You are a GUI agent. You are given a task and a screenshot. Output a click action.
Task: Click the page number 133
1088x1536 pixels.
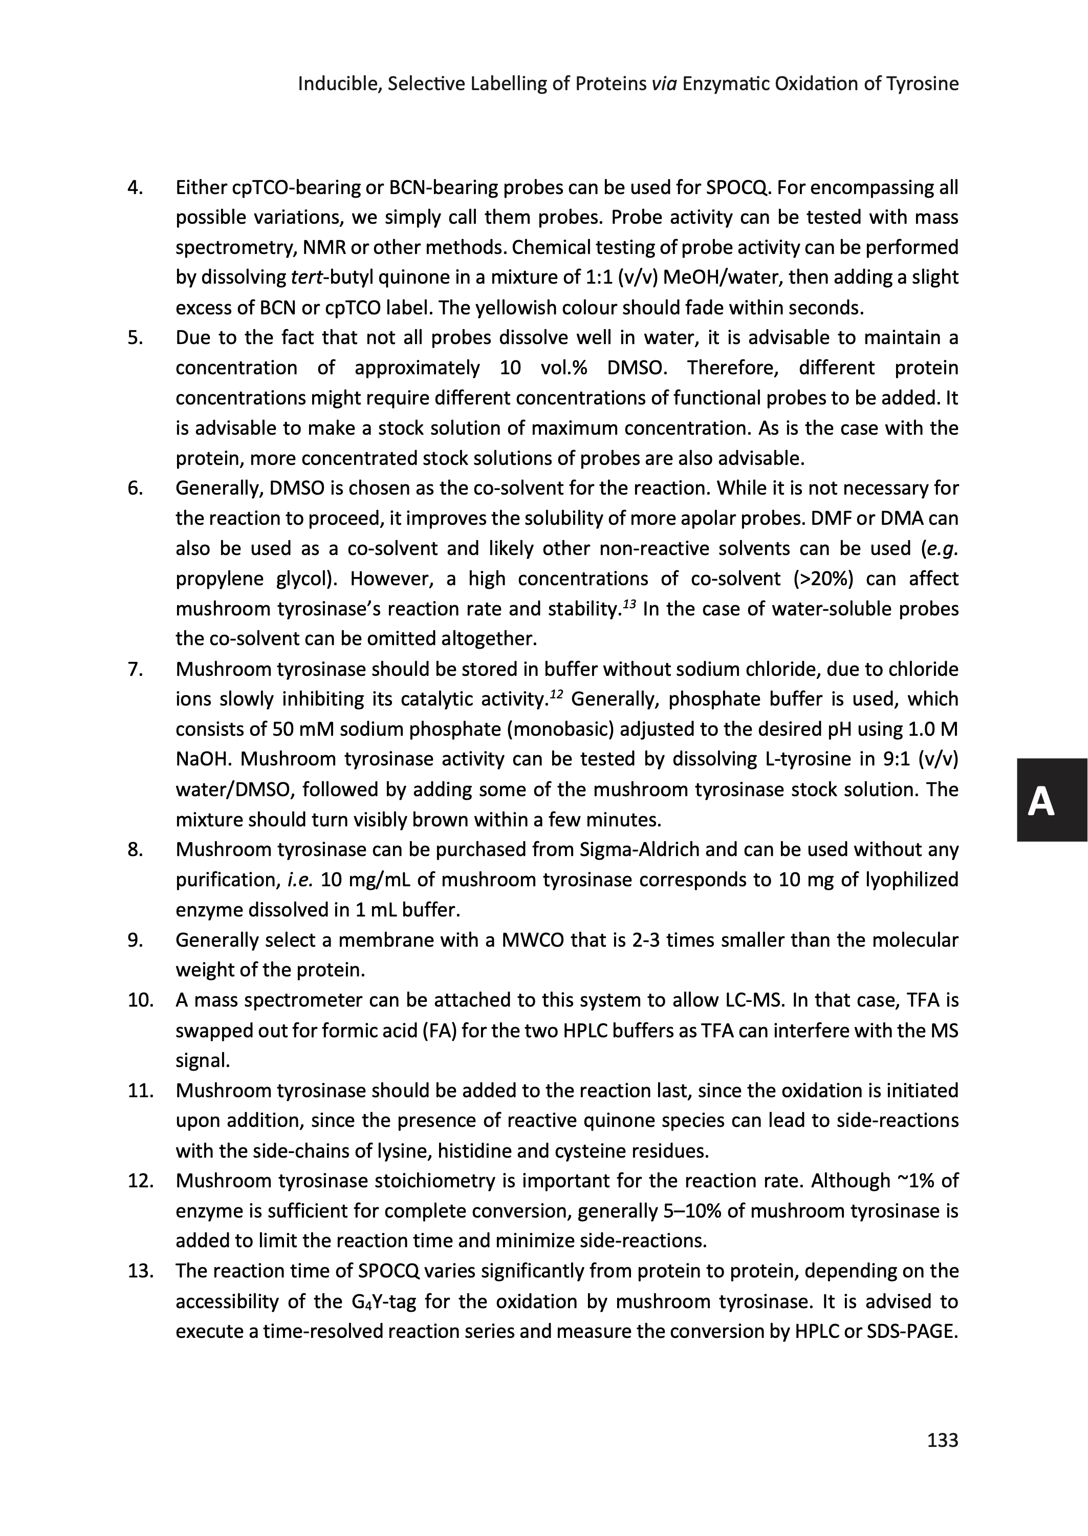[x=942, y=1440]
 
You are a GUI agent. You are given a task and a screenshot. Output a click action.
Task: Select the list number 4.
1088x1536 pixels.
[x=135, y=187]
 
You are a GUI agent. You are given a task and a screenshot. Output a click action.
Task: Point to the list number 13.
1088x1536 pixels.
[x=140, y=1271]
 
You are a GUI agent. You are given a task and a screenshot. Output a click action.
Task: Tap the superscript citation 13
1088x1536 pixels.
[x=628, y=605]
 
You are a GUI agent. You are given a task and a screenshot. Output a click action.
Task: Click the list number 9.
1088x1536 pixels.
[x=135, y=940]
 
